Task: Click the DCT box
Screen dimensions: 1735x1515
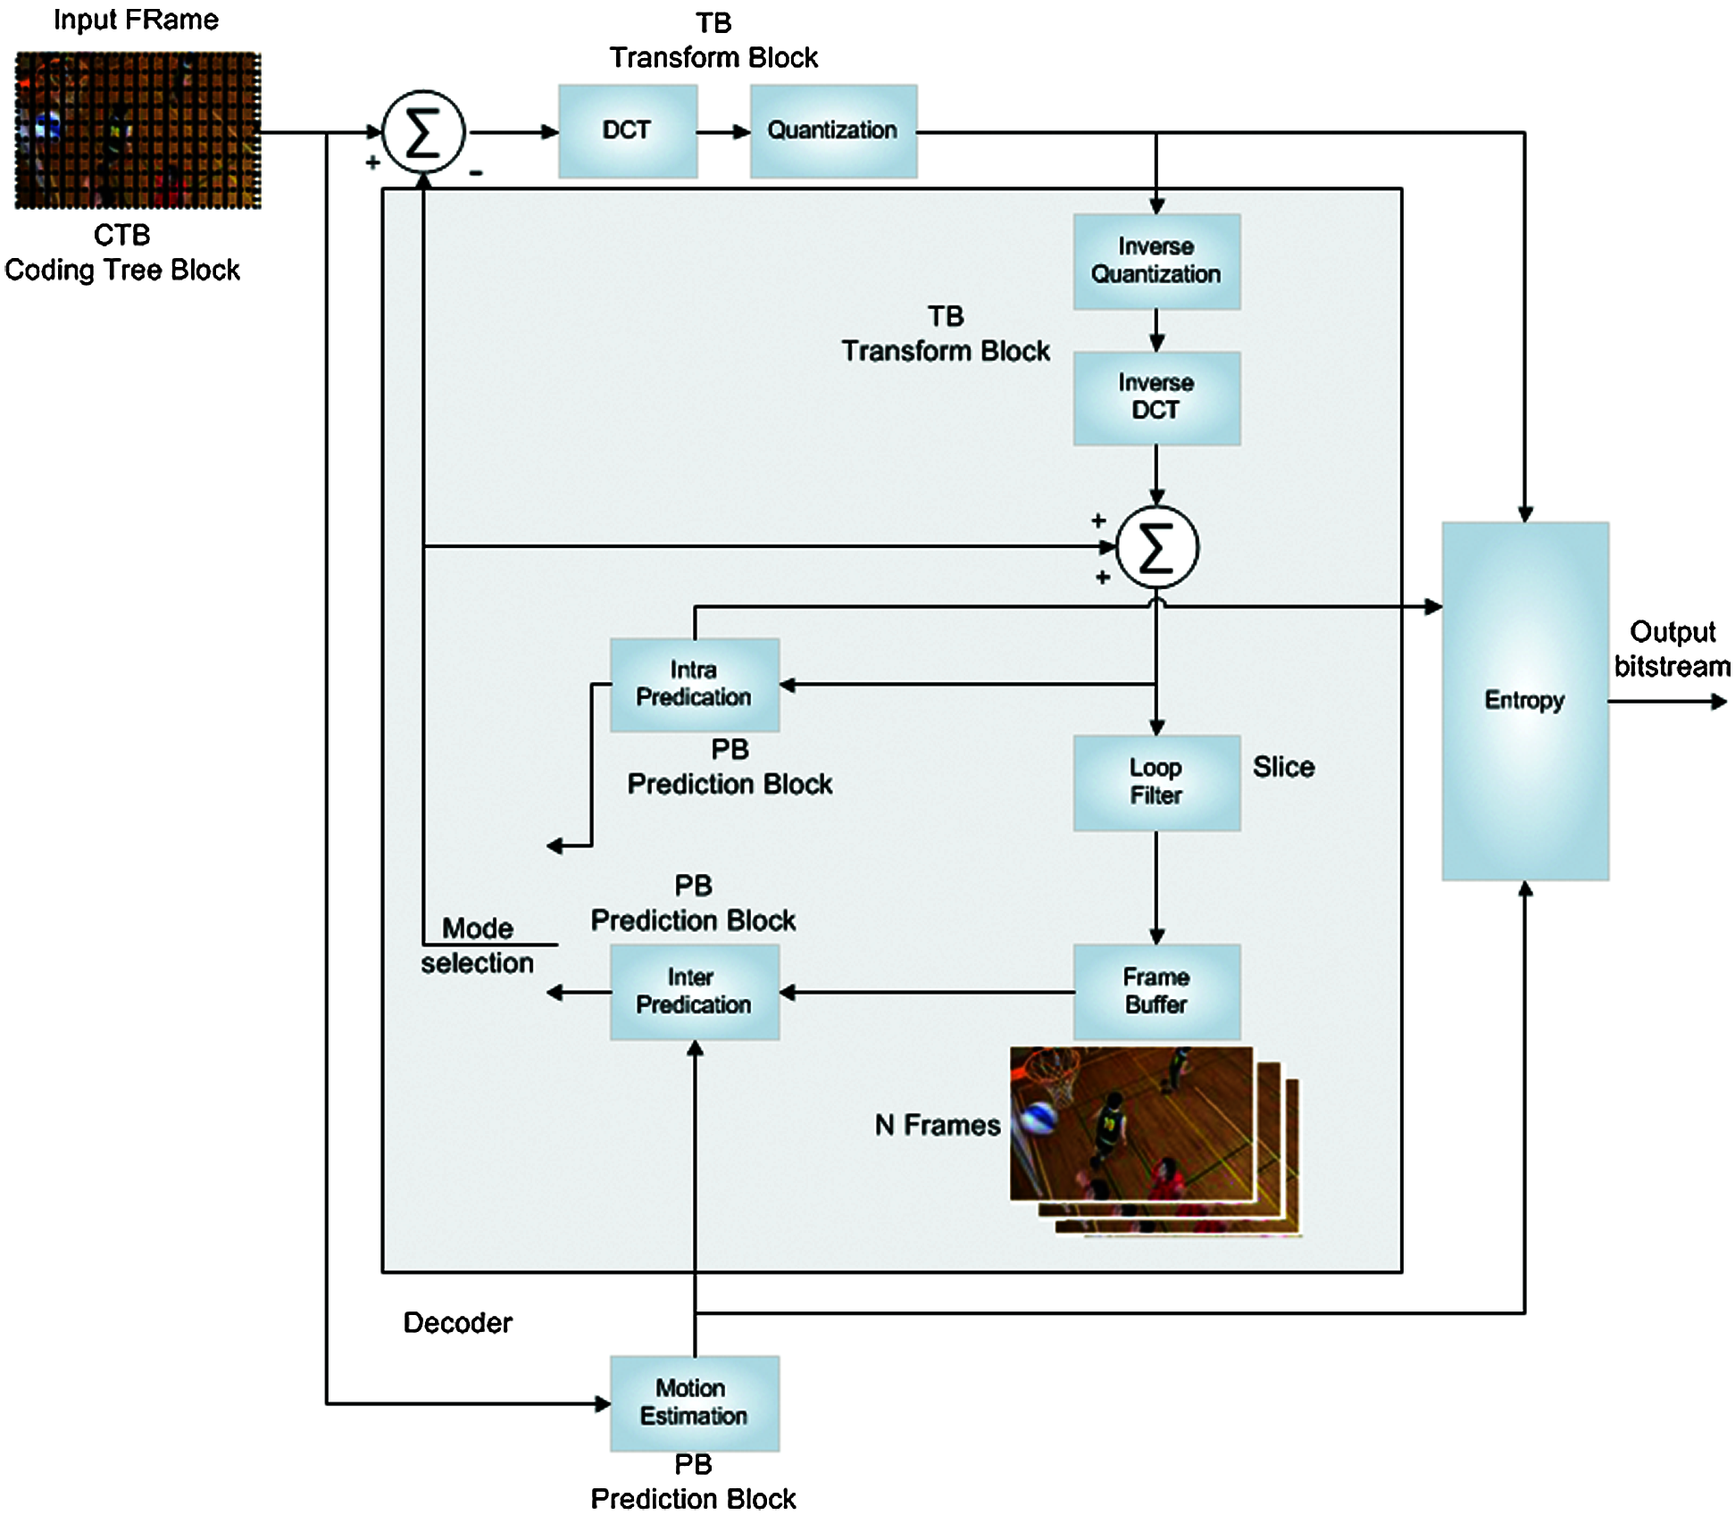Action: pos(628,131)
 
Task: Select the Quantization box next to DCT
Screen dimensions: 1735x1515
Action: pos(833,131)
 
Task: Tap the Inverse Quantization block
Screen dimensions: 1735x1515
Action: pos(1156,262)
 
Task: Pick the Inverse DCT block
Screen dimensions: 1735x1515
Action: pos(1156,398)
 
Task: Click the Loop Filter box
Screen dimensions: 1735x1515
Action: pos(1156,783)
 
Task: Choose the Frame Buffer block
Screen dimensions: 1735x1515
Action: pos(1156,992)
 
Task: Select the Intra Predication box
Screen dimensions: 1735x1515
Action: pos(695,685)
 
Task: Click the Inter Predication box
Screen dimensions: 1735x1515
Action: pos(695,992)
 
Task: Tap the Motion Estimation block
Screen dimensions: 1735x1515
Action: pos(695,1403)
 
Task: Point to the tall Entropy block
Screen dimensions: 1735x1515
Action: pos(1525,701)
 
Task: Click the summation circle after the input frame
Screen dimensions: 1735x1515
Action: pos(423,132)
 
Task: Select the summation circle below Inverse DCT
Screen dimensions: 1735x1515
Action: pos(1157,547)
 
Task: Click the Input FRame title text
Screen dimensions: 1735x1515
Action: pos(136,20)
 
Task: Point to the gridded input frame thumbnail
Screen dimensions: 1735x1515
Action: pos(138,130)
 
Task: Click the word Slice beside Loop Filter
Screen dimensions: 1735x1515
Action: pos(1283,767)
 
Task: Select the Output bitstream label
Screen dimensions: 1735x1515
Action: pos(1672,649)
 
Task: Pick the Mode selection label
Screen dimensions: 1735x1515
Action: pos(478,945)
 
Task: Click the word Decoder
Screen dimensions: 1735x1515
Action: pos(458,1322)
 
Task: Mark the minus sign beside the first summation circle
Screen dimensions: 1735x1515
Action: pos(476,173)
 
